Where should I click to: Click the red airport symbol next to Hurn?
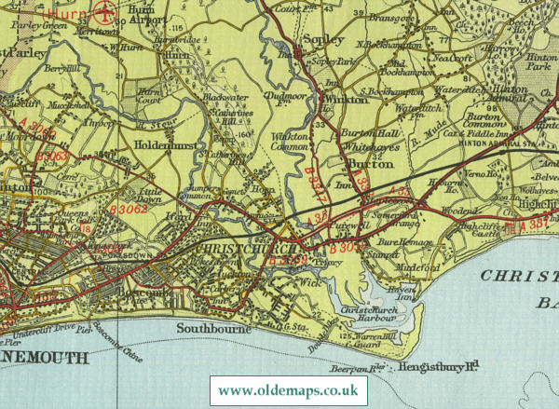tap(104, 13)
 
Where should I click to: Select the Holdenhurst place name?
tap(163, 145)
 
